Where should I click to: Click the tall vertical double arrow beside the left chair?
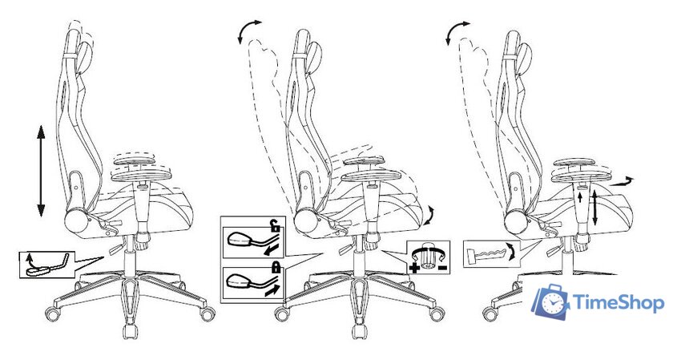point(41,171)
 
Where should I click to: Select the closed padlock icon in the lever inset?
point(274,269)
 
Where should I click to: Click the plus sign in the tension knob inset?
point(415,269)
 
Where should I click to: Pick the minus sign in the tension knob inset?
point(443,269)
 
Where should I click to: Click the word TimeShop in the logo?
point(619,303)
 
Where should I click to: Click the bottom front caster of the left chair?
point(129,332)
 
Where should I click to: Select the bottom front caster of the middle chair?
point(359,332)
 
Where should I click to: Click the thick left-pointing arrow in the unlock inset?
point(271,249)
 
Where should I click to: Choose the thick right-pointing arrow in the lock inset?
point(274,291)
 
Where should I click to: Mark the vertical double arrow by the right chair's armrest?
point(594,208)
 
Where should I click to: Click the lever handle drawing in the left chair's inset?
point(46,265)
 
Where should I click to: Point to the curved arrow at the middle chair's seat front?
point(429,215)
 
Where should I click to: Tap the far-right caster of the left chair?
point(208,313)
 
